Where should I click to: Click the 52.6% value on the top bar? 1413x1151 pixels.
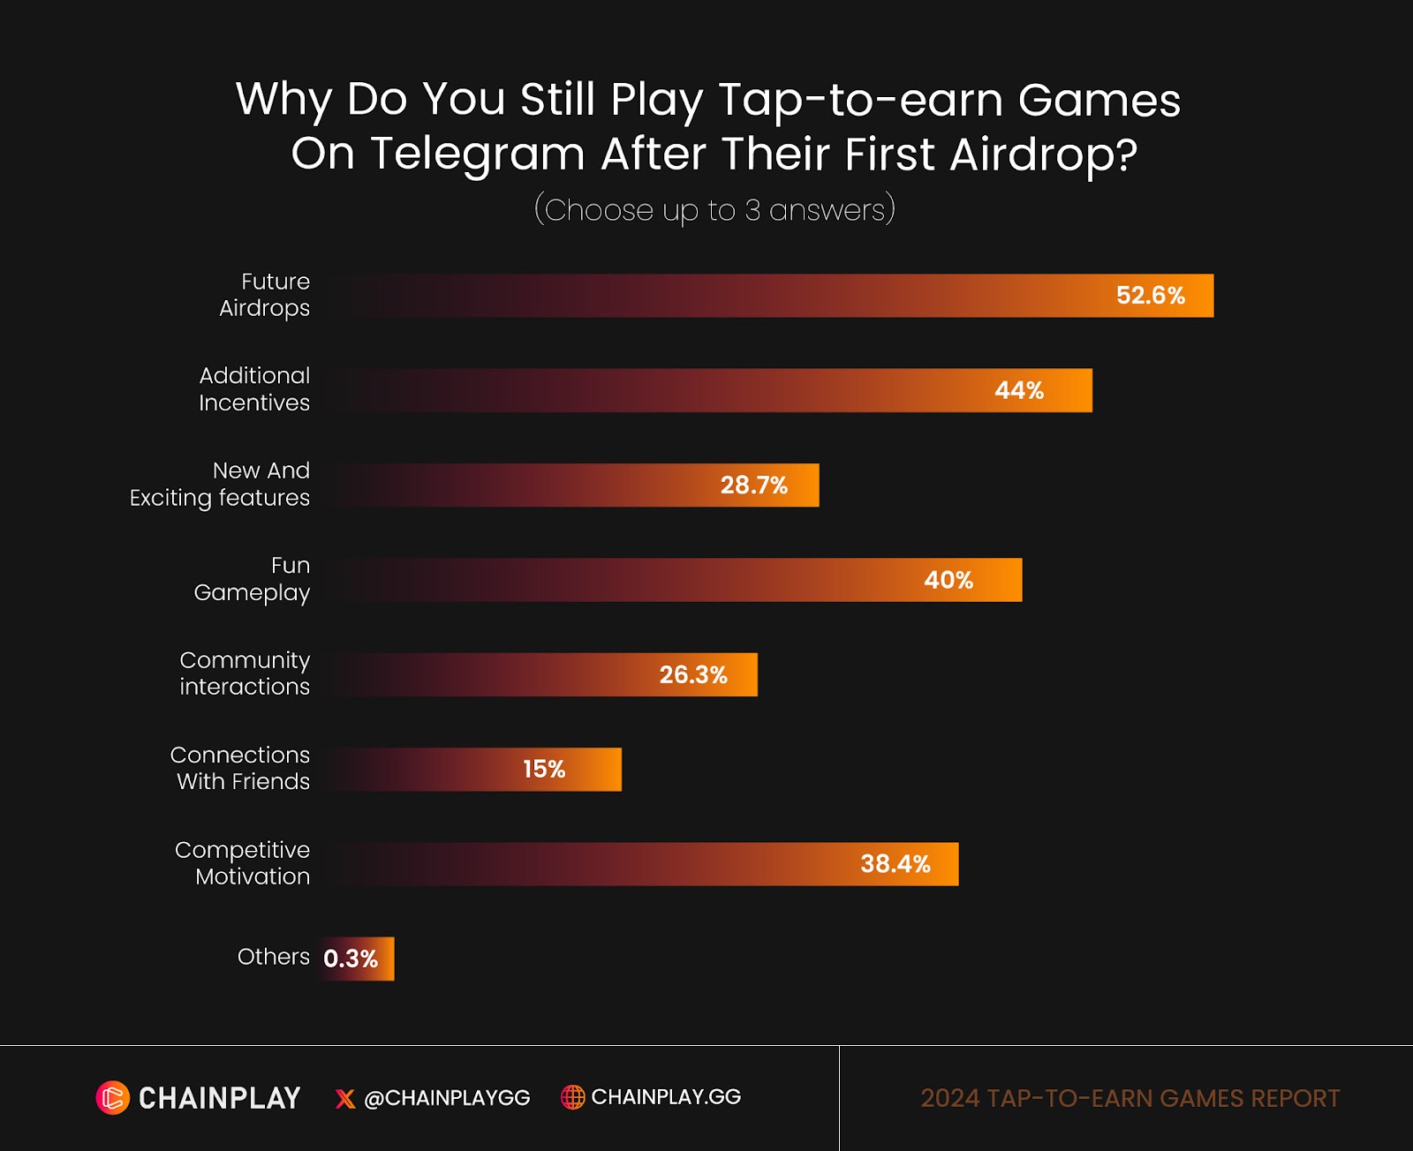pyautogui.click(x=1150, y=296)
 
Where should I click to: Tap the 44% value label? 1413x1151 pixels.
pyautogui.click(x=1019, y=390)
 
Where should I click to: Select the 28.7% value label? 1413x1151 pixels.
pyautogui.click(x=753, y=485)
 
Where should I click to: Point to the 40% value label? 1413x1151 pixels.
pyautogui.click(x=948, y=580)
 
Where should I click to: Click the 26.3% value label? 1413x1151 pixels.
pyautogui.click(x=693, y=675)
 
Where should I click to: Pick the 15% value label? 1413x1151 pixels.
pyautogui.click(x=544, y=770)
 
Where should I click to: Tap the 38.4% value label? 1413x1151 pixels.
pyautogui.click(x=895, y=864)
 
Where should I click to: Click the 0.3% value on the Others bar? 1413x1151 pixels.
pyautogui.click(x=351, y=959)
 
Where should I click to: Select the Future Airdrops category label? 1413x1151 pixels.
pyautogui.click(x=265, y=295)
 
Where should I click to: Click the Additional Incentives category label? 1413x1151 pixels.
pyautogui.click(x=254, y=389)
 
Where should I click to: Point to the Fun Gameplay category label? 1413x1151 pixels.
pyautogui.click(x=253, y=579)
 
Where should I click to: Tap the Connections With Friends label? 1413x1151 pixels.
pyautogui.click(x=240, y=768)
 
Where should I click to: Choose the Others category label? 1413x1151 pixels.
pyautogui.click(x=273, y=957)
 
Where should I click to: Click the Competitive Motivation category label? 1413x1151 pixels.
pyautogui.click(x=243, y=863)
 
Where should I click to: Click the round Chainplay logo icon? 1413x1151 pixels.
pyautogui.click(x=113, y=1098)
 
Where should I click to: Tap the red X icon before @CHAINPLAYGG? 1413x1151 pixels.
pyautogui.click(x=345, y=1099)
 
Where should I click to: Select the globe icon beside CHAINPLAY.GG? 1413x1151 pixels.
pyautogui.click(x=573, y=1097)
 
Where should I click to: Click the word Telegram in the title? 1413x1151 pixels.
pyautogui.click(x=477, y=154)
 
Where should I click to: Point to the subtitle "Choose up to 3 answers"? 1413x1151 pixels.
pyautogui.click(x=714, y=210)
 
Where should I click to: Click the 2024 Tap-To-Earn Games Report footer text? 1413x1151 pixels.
pyautogui.click(x=1130, y=1099)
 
